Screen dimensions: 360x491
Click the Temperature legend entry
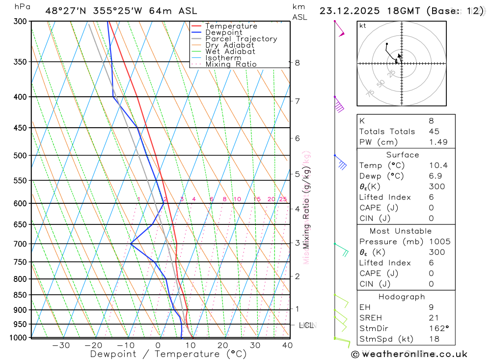coord(231,26)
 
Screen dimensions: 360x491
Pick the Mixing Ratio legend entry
coord(231,64)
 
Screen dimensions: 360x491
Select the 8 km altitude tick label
coord(297,62)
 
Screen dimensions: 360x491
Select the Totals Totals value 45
coord(434,131)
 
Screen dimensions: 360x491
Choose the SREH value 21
coord(434,318)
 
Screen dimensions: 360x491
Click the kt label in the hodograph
coord(363,26)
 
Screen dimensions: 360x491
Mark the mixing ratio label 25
coord(283,199)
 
